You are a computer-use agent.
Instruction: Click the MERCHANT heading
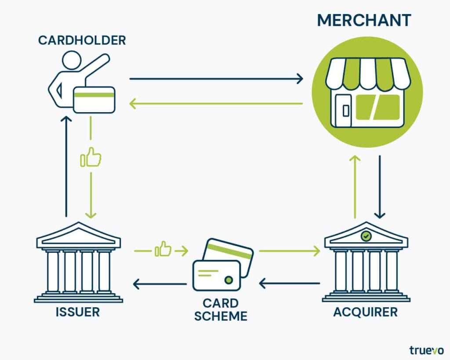pos(364,20)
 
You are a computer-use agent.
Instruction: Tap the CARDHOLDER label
pos(82,40)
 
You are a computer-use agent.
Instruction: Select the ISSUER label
pos(77,312)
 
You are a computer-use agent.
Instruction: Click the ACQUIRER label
pos(365,312)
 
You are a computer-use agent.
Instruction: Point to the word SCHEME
pos(221,316)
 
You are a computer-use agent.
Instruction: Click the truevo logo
pos(426,350)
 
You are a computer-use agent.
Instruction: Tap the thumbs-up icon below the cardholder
pos(91,157)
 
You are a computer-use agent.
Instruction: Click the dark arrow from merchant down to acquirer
pos(380,187)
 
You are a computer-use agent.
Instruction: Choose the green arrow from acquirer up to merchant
pos(355,187)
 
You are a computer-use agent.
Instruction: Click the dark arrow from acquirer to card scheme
pos(290,284)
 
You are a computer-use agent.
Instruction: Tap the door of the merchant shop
pos(343,110)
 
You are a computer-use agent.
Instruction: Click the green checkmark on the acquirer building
pos(366,236)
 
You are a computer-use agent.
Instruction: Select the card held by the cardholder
pos(94,99)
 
